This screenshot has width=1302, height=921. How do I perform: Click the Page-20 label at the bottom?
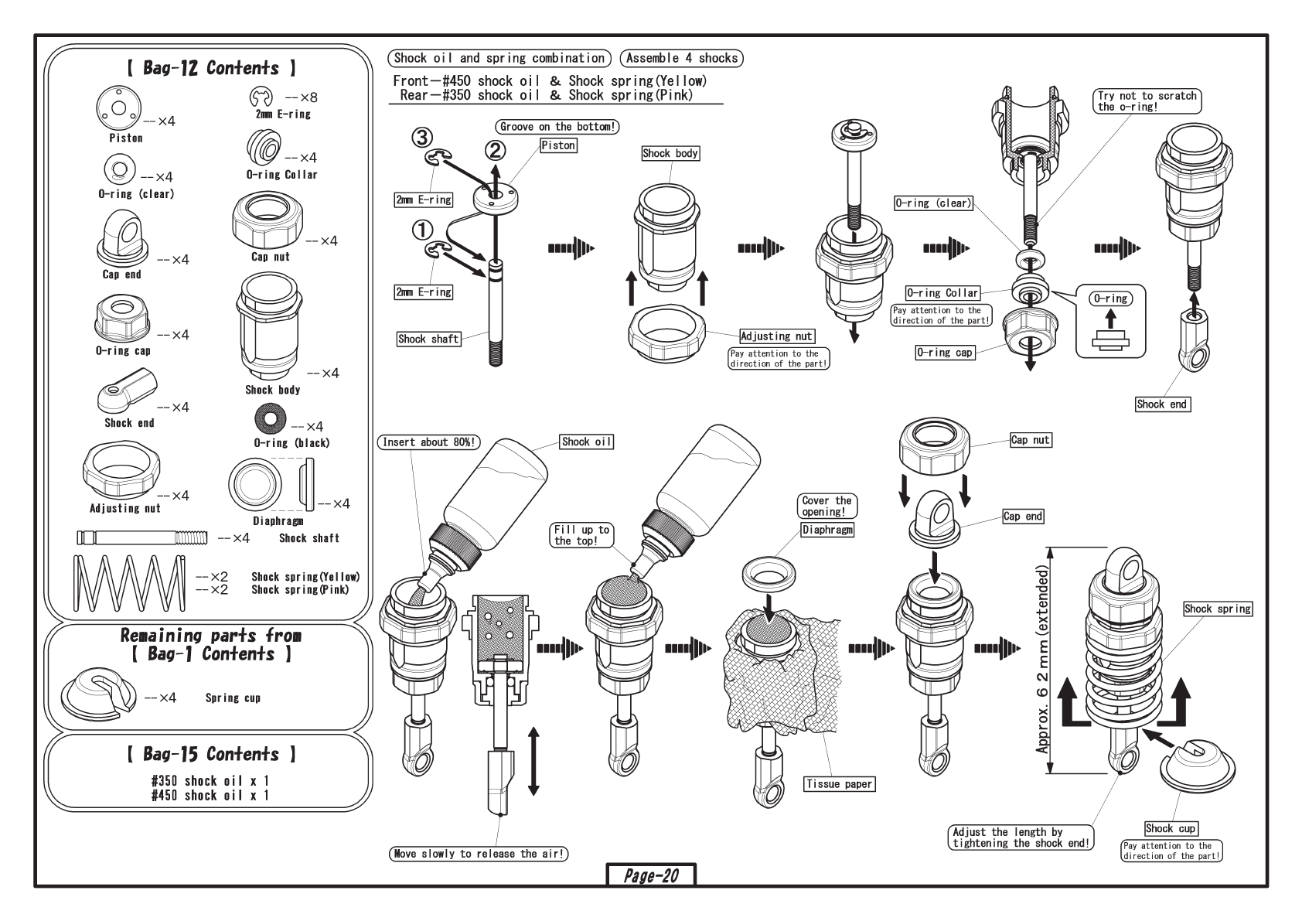[651, 875]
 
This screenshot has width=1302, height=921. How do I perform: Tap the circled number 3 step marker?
[421, 138]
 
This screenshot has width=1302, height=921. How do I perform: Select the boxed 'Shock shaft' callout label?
[428, 339]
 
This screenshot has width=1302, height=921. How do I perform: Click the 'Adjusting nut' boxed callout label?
[776, 336]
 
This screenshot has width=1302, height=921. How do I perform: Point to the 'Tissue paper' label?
[839, 784]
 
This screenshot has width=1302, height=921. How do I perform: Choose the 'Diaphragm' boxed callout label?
[827, 530]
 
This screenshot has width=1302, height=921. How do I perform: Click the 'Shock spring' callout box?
[1218, 609]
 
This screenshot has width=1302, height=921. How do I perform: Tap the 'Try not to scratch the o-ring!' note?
[1147, 101]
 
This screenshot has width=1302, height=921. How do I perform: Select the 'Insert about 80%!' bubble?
[428, 442]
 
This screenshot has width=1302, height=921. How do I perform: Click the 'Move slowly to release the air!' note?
[479, 854]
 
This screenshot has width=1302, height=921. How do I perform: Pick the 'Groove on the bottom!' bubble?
[557, 127]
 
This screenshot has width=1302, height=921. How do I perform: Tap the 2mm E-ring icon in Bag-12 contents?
[261, 97]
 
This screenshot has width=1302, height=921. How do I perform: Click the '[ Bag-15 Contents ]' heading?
[204, 754]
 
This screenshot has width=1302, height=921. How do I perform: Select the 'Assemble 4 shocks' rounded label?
[681, 58]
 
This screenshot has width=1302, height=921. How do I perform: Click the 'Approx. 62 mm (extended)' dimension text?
[1044, 660]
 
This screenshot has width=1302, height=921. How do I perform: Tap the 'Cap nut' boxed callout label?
[1031, 440]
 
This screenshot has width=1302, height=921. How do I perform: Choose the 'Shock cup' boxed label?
[1171, 828]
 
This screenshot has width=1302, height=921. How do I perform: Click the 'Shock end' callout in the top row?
[1161, 404]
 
